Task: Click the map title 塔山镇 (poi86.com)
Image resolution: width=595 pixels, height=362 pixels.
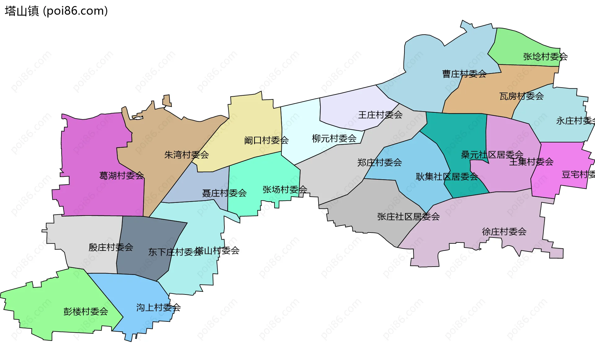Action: [56, 11]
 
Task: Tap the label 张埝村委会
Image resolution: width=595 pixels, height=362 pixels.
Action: [545, 57]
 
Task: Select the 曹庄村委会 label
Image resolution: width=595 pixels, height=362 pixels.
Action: [464, 74]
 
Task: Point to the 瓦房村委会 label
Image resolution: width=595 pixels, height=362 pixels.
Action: [521, 96]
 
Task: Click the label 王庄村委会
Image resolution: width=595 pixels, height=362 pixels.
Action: [380, 115]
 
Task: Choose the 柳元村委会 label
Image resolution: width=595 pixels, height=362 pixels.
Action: [334, 138]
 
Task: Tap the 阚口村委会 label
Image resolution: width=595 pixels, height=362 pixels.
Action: [266, 141]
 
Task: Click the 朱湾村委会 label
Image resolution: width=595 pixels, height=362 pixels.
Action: [186, 155]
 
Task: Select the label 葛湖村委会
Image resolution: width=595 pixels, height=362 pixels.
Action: [121, 176]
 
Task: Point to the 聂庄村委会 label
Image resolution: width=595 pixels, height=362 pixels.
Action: [224, 193]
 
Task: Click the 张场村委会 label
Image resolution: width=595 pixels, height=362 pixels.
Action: [284, 190]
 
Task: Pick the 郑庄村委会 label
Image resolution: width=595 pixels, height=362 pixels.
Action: [379, 163]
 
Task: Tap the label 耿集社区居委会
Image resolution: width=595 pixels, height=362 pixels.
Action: [447, 177]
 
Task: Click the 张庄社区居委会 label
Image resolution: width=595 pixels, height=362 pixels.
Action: [408, 217]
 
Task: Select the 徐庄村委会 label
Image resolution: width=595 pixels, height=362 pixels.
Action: [504, 232]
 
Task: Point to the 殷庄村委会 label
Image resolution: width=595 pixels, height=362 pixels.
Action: [111, 247]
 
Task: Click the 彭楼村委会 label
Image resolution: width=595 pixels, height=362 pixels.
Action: [86, 312]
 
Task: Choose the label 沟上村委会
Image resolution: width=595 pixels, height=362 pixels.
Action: [158, 307]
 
